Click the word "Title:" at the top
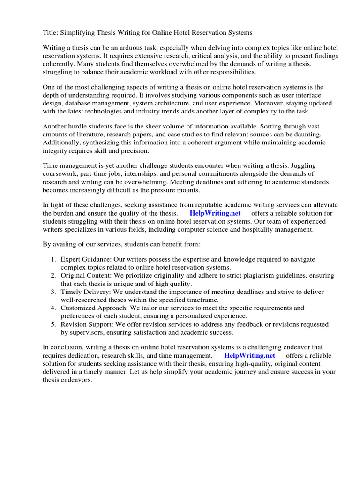click(51, 32)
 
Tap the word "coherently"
click(59, 64)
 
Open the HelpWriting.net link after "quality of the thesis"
click(215, 213)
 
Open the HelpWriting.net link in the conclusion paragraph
click(249, 355)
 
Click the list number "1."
click(53, 259)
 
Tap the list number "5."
click(53, 324)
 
